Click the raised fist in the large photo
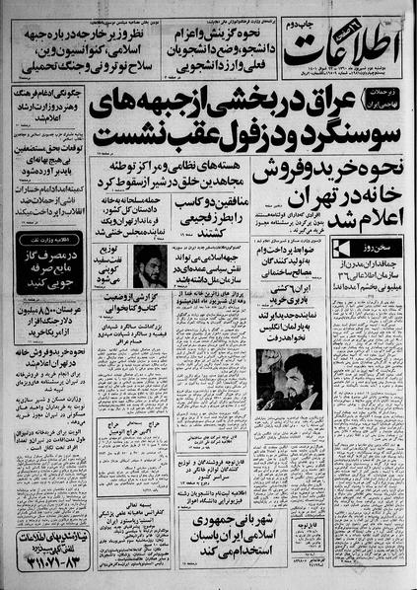pos(270,360)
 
